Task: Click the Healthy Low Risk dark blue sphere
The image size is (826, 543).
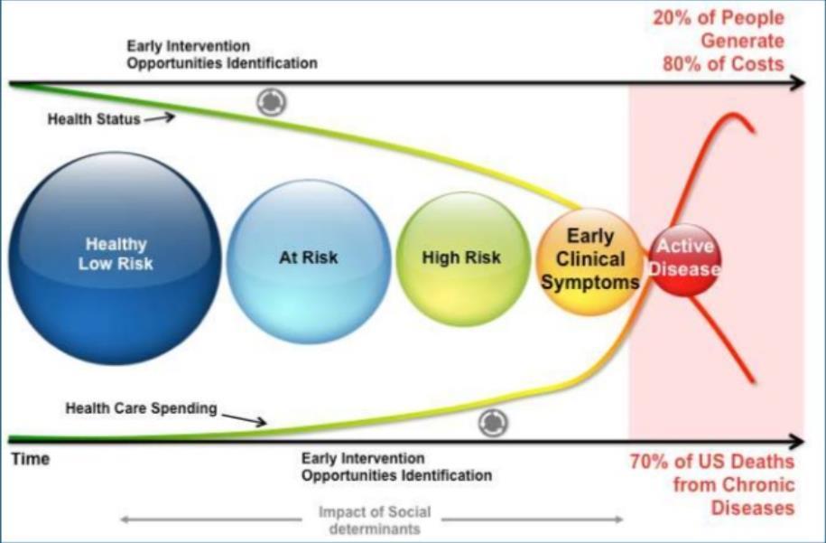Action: click(115, 258)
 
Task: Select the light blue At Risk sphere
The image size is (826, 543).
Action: click(309, 262)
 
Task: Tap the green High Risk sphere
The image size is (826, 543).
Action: click(462, 258)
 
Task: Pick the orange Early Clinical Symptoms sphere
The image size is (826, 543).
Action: click(590, 261)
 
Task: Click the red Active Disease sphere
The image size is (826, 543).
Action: click(684, 259)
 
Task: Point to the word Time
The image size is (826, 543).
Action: click(31, 459)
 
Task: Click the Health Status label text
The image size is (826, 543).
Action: click(94, 119)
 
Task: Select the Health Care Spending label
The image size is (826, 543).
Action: click(141, 408)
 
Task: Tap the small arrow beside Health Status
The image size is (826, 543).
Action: click(159, 117)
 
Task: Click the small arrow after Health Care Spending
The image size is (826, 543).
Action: click(244, 419)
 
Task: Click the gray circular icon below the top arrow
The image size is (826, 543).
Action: click(272, 101)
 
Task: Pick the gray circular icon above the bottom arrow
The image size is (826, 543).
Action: click(493, 423)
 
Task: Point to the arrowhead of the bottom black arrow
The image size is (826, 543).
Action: click(797, 441)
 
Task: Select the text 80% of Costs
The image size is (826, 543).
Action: click(723, 64)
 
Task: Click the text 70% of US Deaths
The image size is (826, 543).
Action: click(712, 462)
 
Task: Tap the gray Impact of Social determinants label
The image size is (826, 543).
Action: click(375, 520)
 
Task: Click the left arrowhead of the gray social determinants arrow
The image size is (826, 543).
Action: click(125, 520)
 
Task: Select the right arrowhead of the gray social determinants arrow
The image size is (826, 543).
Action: click(618, 520)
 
